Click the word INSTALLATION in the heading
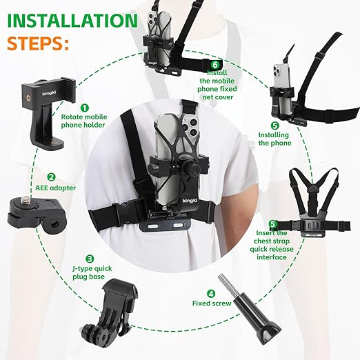coord(72,21)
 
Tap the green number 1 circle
coord(85,108)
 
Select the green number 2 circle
coord(51,177)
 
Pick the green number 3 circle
coord(90,259)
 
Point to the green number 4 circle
coord(211,294)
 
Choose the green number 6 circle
coord(215,65)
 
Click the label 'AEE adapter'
coord(55,188)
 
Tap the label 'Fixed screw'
coord(212,303)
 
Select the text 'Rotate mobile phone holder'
coord(84,121)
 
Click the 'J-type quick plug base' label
coord(92,272)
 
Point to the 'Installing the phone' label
coord(274,139)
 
